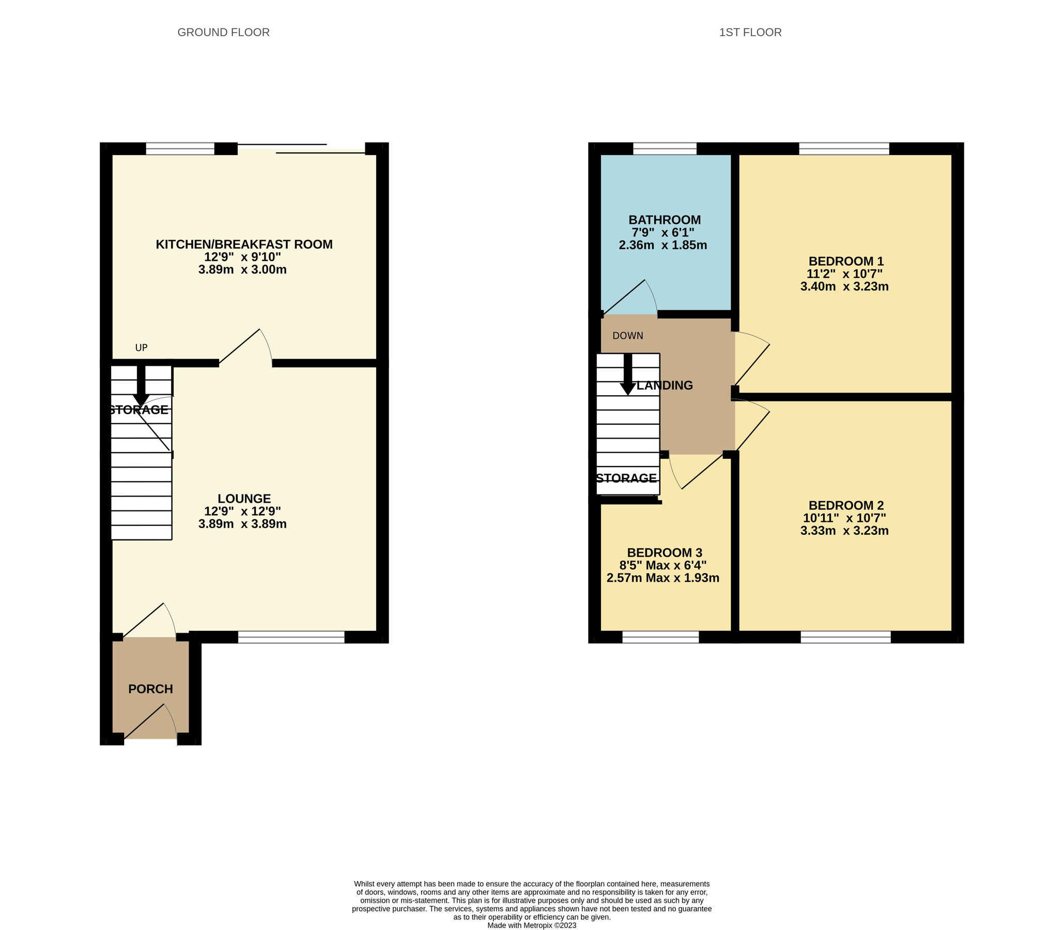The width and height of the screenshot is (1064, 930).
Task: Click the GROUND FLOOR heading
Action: [x=223, y=32]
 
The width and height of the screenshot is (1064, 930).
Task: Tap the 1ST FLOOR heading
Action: [x=750, y=32]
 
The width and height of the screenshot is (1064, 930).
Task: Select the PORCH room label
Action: [x=150, y=689]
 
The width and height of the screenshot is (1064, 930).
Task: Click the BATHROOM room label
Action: [x=665, y=220]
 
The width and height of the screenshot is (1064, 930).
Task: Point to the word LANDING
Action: [x=665, y=385]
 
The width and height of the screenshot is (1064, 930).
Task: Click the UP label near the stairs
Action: [x=141, y=348]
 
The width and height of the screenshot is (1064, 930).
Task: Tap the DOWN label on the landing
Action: [x=627, y=336]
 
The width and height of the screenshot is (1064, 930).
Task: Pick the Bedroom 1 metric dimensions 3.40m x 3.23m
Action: [x=844, y=286]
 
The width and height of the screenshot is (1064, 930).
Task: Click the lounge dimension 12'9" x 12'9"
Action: [x=242, y=511]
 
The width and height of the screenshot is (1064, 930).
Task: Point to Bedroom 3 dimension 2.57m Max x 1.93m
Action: [x=663, y=578]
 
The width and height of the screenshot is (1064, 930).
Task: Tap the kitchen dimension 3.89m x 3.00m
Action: [x=242, y=269]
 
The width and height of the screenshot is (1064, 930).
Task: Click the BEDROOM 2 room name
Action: [x=846, y=505]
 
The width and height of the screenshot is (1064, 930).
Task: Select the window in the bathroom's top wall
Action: [x=665, y=149]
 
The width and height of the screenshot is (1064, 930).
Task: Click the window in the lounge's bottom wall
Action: [x=291, y=637]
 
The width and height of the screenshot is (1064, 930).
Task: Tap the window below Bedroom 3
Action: [x=660, y=637]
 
